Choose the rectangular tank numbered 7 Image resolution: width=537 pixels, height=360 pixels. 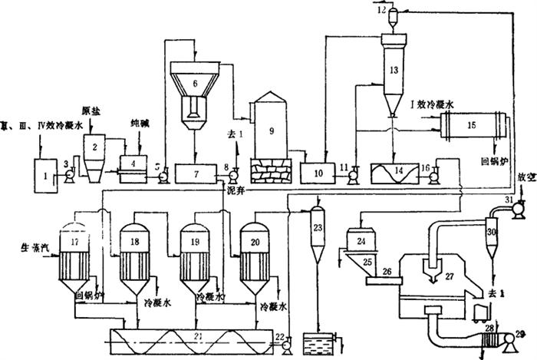point(196,174)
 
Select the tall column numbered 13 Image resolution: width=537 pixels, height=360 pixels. point(393,73)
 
